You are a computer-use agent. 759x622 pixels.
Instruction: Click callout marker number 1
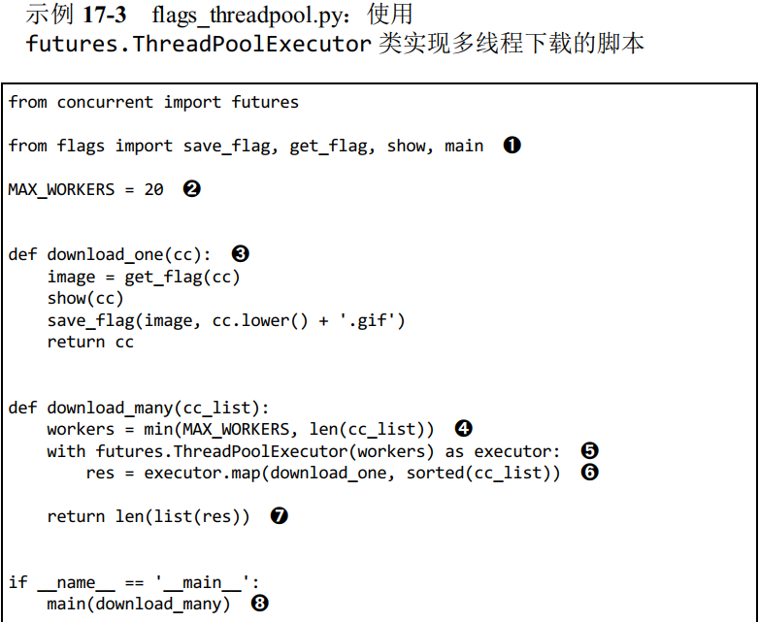point(512,146)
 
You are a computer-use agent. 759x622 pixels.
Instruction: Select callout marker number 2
point(191,189)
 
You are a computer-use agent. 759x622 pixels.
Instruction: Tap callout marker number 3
point(240,254)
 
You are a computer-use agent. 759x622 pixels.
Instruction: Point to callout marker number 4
point(463,428)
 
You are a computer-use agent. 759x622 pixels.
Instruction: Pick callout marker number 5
point(589,451)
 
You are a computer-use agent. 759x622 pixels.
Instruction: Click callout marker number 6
point(589,473)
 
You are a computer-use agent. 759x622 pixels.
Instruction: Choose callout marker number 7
point(279,516)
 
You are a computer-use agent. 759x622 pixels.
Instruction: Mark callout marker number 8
point(259,604)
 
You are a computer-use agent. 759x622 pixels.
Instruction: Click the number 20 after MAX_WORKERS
point(153,189)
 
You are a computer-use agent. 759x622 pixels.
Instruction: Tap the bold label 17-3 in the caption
point(104,15)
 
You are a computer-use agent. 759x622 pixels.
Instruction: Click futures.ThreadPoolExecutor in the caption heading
point(198,44)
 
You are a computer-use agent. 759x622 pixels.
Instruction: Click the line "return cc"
point(90,342)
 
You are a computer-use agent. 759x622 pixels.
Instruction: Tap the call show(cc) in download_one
point(85,298)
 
